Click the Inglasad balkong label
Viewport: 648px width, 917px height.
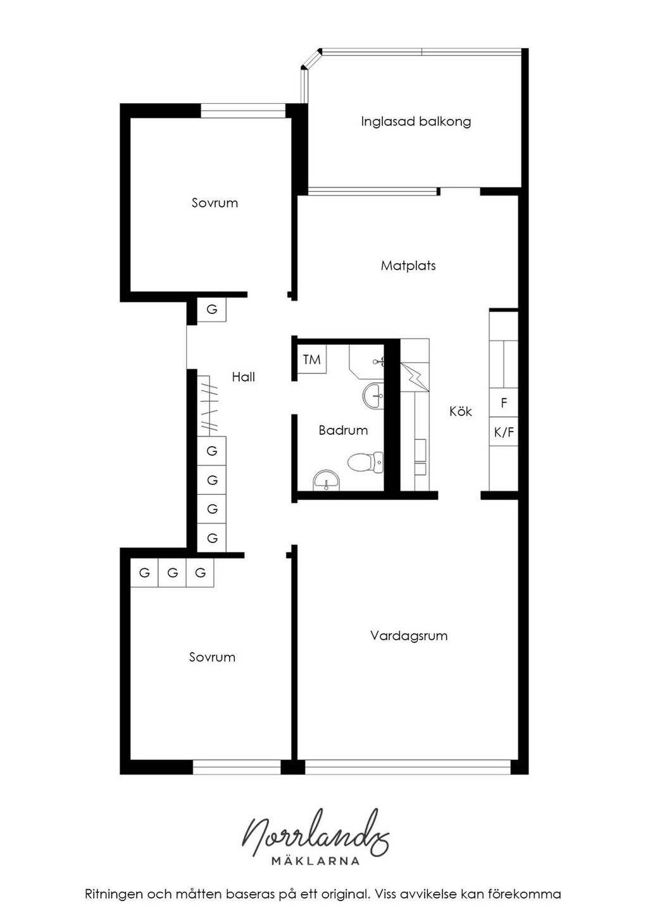click(x=416, y=122)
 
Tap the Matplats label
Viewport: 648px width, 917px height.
click(x=408, y=266)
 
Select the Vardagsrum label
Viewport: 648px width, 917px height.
click(x=409, y=636)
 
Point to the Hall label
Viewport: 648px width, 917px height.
click(x=243, y=377)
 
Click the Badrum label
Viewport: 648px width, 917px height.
click(x=343, y=430)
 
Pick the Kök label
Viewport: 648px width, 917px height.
click(x=461, y=411)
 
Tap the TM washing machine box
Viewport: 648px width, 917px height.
click(x=311, y=359)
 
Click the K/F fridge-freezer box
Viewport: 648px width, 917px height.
click(x=504, y=432)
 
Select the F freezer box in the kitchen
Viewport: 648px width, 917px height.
click(x=504, y=403)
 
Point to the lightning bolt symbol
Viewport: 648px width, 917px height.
click(x=414, y=377)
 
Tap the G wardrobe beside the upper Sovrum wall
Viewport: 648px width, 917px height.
click(x=211, y=309)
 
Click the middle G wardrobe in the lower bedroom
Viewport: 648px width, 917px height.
click(x=172, y=573)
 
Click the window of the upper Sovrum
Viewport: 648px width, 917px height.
click(x=243, y=111)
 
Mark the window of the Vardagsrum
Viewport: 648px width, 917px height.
click(x=408, y=767)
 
